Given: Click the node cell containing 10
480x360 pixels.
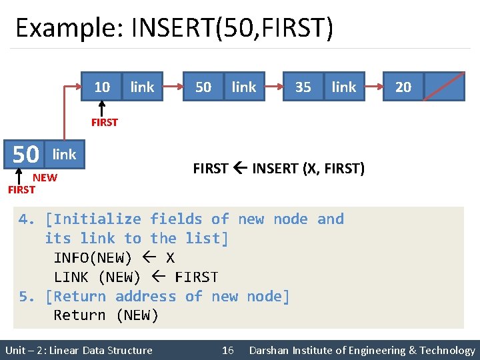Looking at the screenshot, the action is coord(102,87).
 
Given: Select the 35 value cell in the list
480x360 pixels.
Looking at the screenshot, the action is coord(303,87).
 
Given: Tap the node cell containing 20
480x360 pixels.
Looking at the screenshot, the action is coord(403,87).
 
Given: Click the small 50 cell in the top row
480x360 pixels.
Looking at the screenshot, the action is coord(203,87).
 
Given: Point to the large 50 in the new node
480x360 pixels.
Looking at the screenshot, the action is coord(26,155).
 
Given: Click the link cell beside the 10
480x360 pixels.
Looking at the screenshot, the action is coord(142,87).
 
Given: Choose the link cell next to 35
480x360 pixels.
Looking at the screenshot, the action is coord(344,87).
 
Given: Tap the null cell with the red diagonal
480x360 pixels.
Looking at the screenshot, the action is coord(444,87).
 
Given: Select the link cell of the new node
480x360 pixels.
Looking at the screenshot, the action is coord(65,155).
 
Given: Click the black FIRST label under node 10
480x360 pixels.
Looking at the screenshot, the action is coord(105,122).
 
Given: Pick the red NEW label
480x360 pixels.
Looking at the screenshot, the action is coord(45,177).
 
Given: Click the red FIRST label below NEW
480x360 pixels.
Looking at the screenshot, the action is coord(21,190).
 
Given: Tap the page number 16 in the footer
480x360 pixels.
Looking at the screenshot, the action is coord(227,350).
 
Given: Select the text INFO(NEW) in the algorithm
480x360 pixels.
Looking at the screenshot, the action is coord(93,258).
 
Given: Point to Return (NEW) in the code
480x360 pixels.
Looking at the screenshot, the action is coord(106,315).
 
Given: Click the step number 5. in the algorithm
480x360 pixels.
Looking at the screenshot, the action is coord(27,297).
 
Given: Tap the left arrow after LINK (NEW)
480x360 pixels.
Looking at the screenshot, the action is coord(157,277).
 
